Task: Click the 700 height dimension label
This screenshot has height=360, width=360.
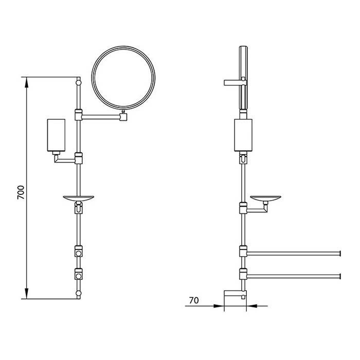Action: pyautogui.click(x=21, y=192)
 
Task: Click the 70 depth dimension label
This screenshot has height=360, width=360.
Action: pyautogui.click(x=194, y=300)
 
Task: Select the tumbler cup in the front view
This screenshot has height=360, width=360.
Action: pyautogui.click(x=56, y=135)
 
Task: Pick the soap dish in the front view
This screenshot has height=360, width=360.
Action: pyautogui.click(x=79, y=199)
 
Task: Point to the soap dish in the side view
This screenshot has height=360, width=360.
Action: pyautogui.click(x=266, y=199)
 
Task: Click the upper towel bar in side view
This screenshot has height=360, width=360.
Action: pyautogui.click(x=294, y=254)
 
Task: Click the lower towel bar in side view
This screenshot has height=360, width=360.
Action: pyautogui.click(x=294, y=276)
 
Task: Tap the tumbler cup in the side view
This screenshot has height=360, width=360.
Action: pyautogui.click(x=243, y=135)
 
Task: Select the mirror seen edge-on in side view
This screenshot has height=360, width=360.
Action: pyautogui.click(x=243, y=78)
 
